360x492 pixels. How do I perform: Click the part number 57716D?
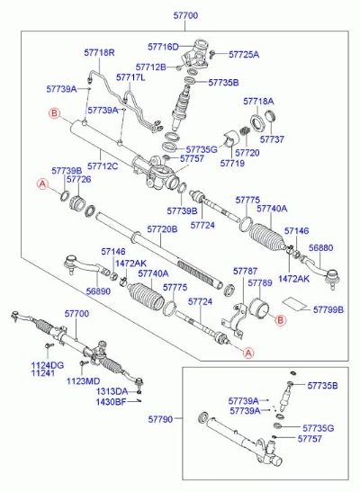click(x=163, y=47)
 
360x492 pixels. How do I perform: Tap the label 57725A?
click(x=244, y=54)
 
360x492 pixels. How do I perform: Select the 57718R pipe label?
click(x=99, y=52)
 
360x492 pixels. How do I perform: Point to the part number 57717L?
click(x=130, y=77)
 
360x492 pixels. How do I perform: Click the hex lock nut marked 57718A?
click(x=258, y=122)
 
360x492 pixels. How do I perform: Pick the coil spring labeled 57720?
click(x=245, y=130)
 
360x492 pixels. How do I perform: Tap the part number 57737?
click(x=272, y=139)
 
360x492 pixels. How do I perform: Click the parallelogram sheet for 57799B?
click(x=294, y=303)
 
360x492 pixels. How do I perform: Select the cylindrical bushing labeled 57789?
click(x=259, y=308)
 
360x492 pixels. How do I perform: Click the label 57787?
click(x=245, y=271)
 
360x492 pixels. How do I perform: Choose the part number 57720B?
click(x=162, y=229)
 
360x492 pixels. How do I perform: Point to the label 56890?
click(x=98, y=291)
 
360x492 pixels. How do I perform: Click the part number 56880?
click(x=320, y=247)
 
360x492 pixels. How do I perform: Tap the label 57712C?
click(x=103, y=165)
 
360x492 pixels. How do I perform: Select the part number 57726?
click(x=79, y=179)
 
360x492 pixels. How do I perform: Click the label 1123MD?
click(x=83, y=381)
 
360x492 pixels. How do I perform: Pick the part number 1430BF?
click(x=111, y=402)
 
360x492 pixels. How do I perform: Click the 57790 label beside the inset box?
click(x=160, y=419)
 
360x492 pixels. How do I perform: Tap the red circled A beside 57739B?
click(x=42, y=183)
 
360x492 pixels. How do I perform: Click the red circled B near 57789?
click(x=280, y=320)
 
